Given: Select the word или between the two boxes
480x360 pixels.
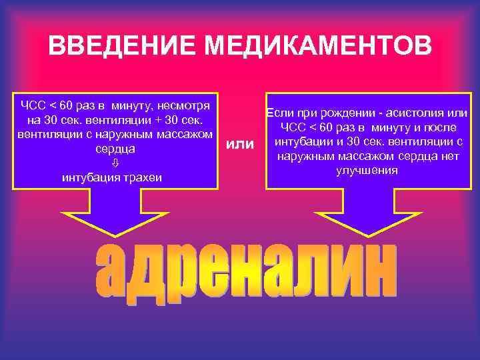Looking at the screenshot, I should pyautogui.click(x=241, y=145).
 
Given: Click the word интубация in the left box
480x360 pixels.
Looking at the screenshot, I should pyautogui.click(x=91, y=177).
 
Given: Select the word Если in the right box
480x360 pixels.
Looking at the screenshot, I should pyautogui.click(x=279, y=114).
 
